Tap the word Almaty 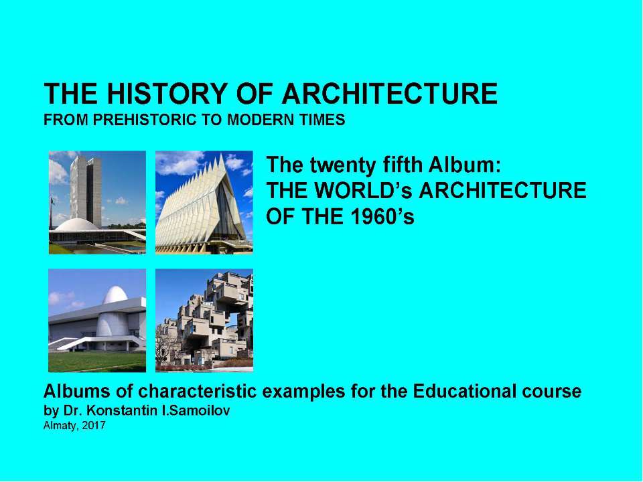pos(58,425)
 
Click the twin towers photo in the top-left pos(97,202)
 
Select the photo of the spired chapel pos(204,202)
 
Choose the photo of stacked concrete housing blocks pos(204,320)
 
